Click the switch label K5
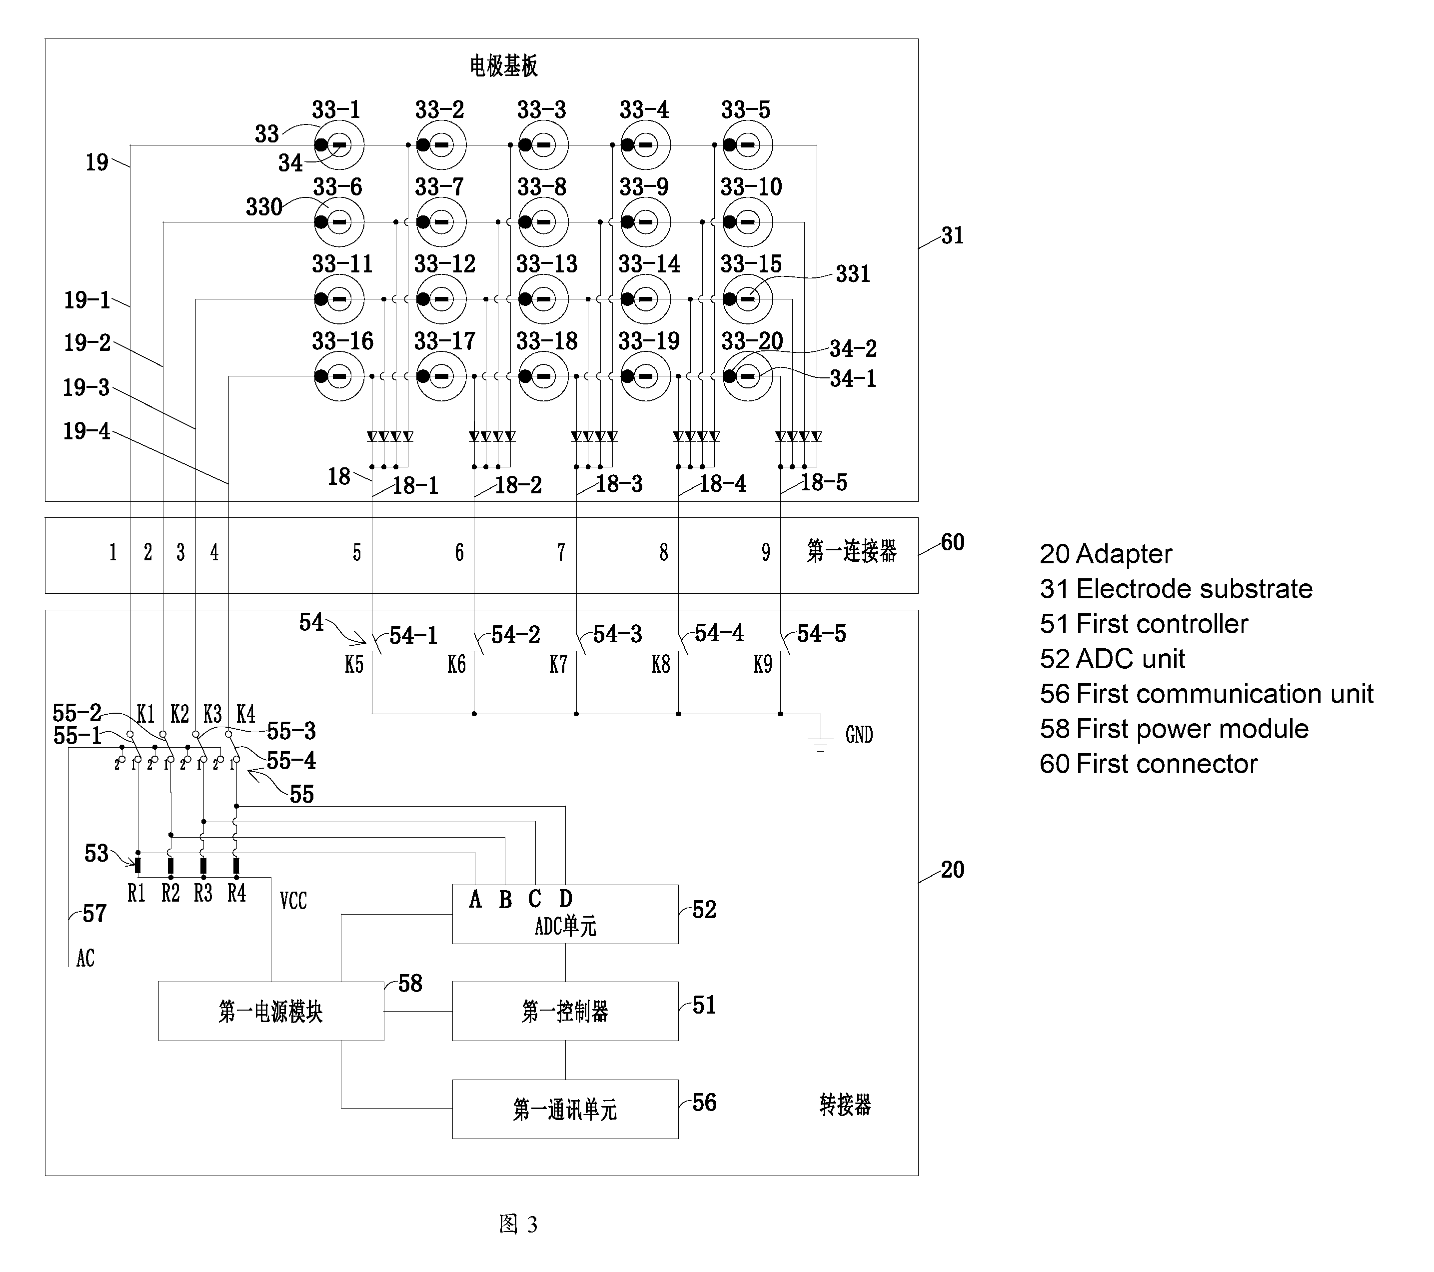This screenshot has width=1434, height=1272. (x=354, y=664)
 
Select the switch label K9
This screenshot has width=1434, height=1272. (x=763, y=664)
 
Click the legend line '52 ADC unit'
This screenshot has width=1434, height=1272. (x=1112, y=659)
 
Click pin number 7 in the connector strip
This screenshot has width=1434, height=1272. (x=561, y=553)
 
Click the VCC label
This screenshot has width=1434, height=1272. (x=293, y=900)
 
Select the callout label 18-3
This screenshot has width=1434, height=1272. (x=619, y=483)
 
